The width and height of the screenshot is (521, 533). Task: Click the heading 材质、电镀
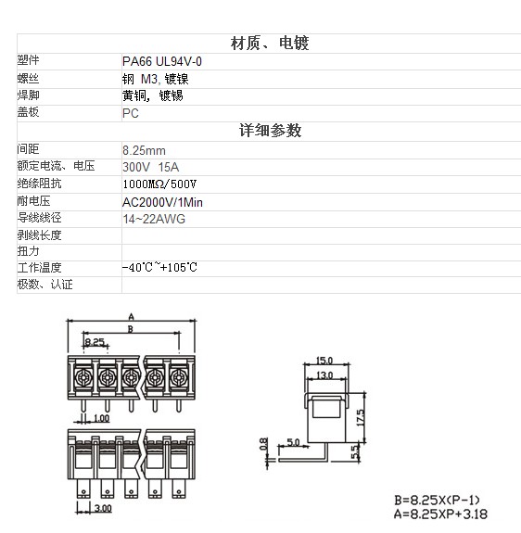click(x=270, y=44)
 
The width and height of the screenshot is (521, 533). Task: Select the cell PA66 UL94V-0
click(x=162, y=61)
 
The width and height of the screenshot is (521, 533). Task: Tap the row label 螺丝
click(x=28, y=79)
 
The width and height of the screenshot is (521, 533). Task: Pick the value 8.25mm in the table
click(x=144, y=150)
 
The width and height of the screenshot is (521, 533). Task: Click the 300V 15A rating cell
click(x=150, y=167)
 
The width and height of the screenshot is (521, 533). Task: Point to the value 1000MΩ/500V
click(x=159, y=184)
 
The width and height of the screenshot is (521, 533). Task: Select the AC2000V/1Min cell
click(x=162, y=202)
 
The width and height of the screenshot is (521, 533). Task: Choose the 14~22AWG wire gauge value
click(x=154, y=219)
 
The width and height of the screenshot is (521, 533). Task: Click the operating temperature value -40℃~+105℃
click(x=159, y=267)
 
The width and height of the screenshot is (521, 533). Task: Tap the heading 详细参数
click(x=270, y=131)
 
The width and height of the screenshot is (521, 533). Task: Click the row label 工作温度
click(x=40, y=268)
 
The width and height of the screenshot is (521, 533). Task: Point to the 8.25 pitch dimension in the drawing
click(x=95, y=341)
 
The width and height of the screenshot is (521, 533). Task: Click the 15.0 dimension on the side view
click(x=324, y=360)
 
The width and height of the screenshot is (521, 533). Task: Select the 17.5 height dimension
click(x=361, y=417)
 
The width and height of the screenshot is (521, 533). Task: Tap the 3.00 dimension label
click(x=103, y=508)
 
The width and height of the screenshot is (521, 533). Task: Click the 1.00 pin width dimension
click(x=101, y=418)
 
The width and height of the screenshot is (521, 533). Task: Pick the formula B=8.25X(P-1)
click(x=437, y=500)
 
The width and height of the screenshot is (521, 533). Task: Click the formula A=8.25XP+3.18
click(x=440, y=514)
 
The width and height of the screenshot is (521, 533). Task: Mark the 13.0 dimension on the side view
click(x=324, y=374)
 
